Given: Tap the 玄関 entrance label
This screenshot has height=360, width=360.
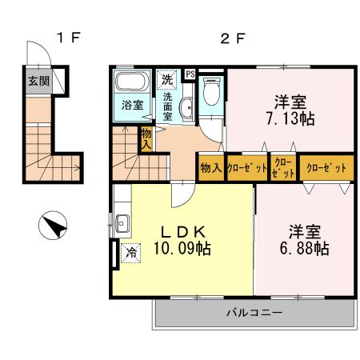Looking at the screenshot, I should [x=37, y=81].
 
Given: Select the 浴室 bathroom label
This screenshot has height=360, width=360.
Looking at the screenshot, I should [x=130, y=105].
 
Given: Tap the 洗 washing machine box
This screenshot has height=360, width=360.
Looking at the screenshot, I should [x=167, y=79].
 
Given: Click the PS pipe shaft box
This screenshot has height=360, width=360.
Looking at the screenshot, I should [x=190, y=74].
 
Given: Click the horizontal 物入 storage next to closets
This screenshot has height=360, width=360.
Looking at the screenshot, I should [x=210, y=168].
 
